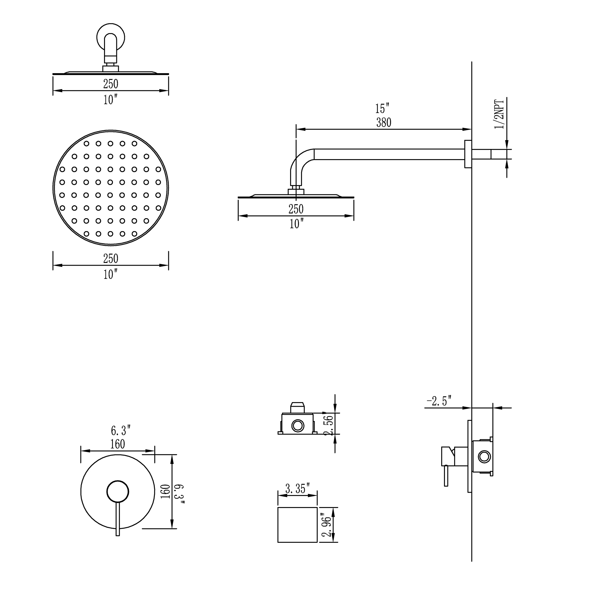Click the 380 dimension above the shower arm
pos(384,123)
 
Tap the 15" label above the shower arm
pos(382,109)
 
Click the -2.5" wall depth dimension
pos(439,401)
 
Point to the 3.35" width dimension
pos(297,489)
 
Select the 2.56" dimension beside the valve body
pos(330,424)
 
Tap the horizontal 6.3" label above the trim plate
pos(121,431)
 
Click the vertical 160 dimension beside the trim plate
pos(166,491)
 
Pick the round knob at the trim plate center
pos(118,492)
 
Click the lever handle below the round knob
pos(118,520)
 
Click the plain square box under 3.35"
pos(297,524)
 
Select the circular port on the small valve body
pos(298,426)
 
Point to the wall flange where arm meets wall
pos(468,154)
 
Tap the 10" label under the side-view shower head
pos(296,224)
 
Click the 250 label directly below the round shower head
pos(110,259)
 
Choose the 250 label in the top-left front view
pos(110,84)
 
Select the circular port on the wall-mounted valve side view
pos(484,457)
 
